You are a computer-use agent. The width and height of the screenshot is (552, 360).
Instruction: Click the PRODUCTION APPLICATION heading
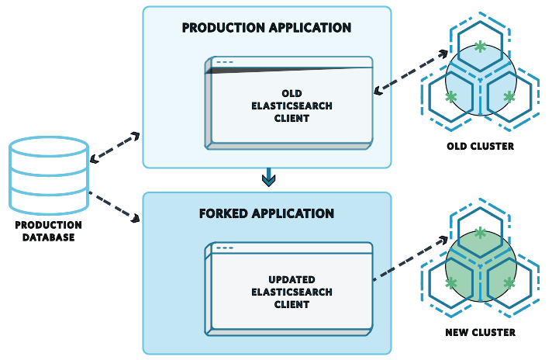tap(266, 28)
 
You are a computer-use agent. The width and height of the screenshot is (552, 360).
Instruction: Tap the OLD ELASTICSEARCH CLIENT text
tap(291, 106)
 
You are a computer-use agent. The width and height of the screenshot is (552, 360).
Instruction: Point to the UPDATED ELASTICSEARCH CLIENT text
tap(291, 292)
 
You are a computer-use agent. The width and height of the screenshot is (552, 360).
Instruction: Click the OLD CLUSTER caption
tap(481, 146)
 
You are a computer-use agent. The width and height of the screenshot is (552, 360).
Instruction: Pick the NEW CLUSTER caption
tap(481, 333)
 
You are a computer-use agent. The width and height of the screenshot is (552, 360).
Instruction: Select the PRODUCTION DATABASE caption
tap(48, 231)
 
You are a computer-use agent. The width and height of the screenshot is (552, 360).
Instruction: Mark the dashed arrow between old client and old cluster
tap(412, 71)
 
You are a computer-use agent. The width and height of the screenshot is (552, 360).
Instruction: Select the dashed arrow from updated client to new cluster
tap(412, 258)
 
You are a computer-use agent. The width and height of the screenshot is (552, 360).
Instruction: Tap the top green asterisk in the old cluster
tap(481, 47)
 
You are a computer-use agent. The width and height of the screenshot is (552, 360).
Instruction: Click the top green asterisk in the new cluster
tap(481, 233)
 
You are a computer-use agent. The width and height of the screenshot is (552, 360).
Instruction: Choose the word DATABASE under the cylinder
tap(48, 237)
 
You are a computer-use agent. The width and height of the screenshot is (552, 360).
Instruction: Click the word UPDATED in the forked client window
tap(291, 279)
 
